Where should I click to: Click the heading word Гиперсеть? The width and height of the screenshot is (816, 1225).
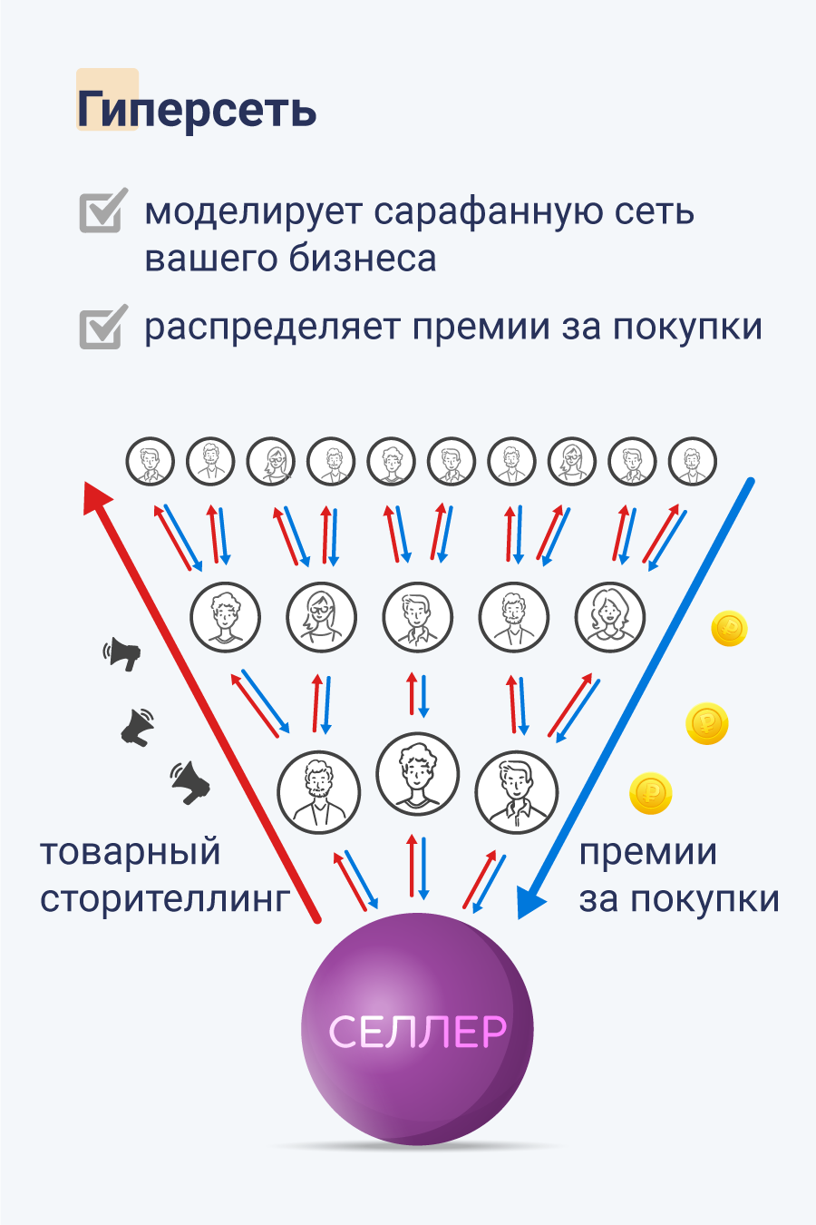click(197, 110)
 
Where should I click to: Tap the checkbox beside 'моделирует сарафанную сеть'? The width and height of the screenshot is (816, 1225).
click(101, 212)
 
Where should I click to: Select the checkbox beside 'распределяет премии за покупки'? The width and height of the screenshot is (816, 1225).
click(101, 327)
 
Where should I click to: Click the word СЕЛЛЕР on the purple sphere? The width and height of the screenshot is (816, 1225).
click(417, 1032)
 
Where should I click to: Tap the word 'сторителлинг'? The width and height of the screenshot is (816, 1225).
click(165, 898)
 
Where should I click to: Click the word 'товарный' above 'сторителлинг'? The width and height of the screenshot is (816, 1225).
click(131, 852)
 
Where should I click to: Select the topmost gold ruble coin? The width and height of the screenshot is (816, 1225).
click(729, 628)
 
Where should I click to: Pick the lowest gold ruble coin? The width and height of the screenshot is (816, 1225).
click(650, 794)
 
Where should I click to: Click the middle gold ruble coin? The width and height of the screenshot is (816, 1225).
click(707, 723)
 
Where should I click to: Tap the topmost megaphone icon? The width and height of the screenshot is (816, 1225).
click(123, 653)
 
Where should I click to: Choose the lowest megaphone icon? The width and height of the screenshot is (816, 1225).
click(190, 782)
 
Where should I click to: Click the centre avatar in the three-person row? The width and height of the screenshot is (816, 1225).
click(417, 774)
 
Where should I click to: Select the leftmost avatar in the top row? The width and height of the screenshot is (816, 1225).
click(150, 461)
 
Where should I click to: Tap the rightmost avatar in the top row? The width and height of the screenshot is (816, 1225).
click(692, 461)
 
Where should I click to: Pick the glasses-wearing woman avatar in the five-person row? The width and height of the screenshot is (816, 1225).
click(321, 617)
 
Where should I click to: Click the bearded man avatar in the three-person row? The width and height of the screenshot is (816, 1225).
click(318, 791)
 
